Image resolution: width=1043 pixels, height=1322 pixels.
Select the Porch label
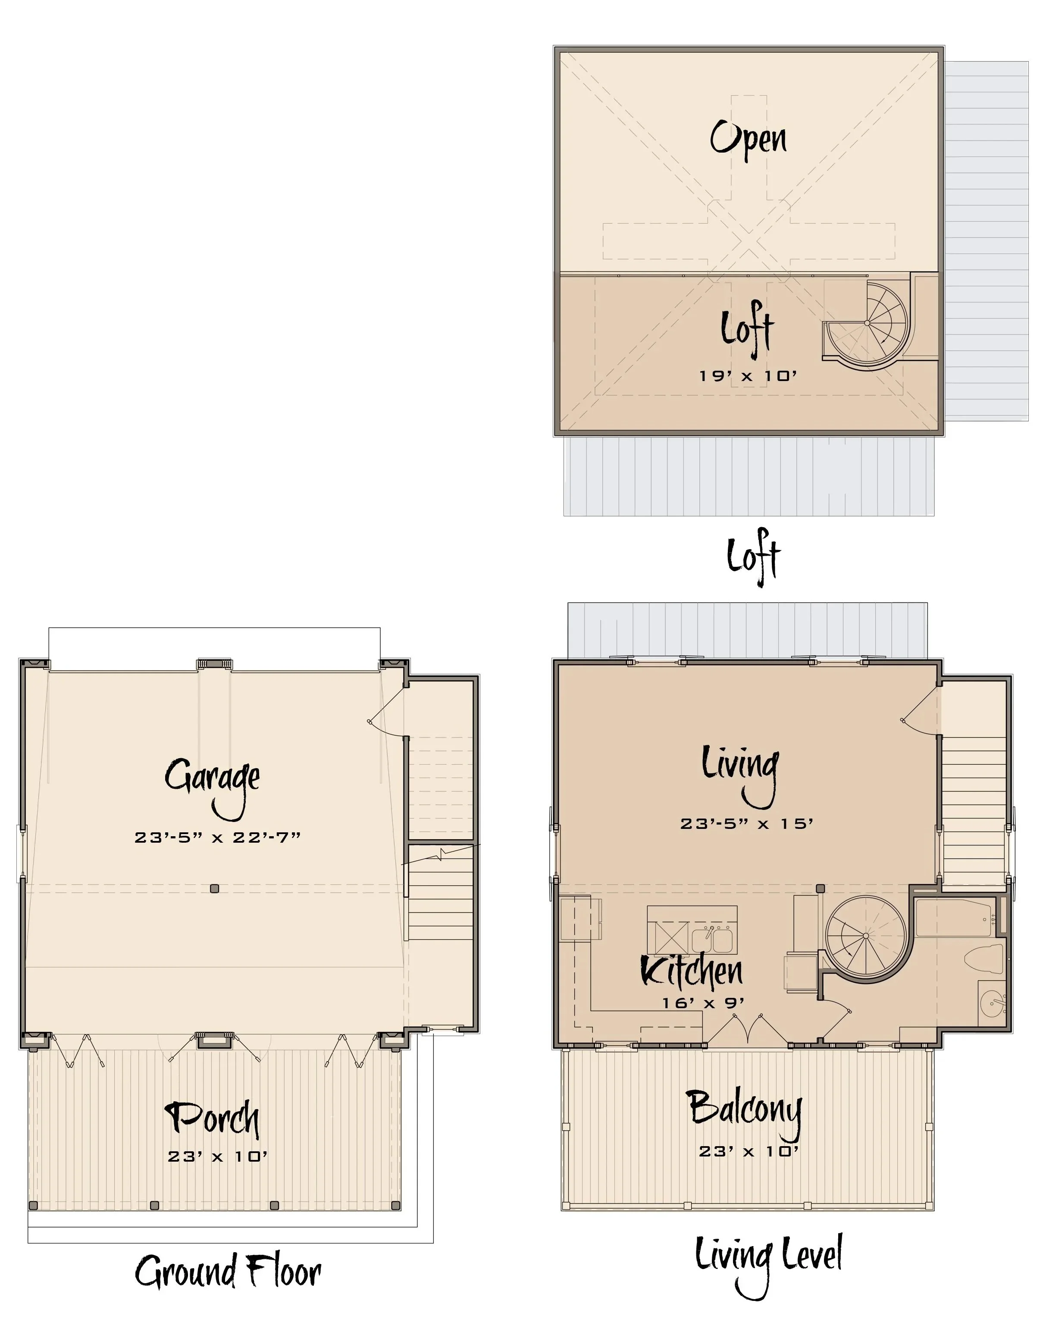coord(213,1118)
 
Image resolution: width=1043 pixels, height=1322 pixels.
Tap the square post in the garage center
coord(214,889)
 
